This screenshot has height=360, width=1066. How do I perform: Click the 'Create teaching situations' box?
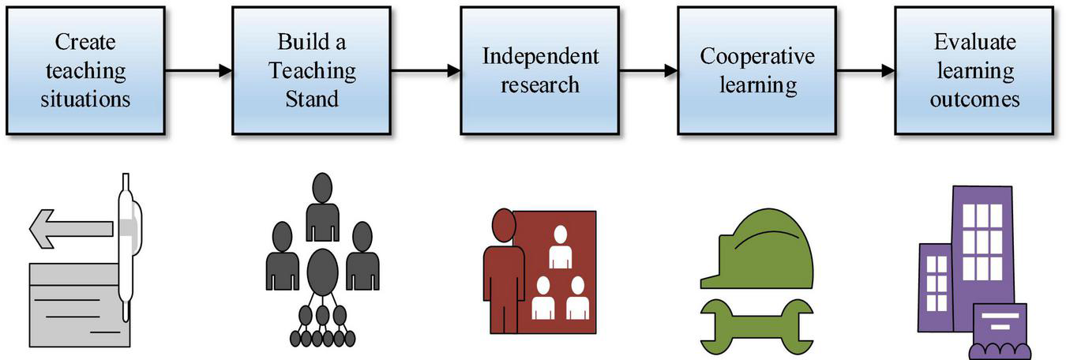(x=85, y=70)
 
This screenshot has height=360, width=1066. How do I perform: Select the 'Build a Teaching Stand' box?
(x=311, y=70)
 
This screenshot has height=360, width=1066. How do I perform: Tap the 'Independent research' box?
(x=540, y=70)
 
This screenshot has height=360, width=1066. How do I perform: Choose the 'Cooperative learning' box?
(x=756, y=70)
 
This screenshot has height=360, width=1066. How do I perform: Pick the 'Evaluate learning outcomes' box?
(x=974, y=70)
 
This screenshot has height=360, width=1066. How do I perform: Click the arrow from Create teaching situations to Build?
(x=198, y=71)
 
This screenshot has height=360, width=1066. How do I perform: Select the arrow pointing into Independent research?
(x=425, y=71)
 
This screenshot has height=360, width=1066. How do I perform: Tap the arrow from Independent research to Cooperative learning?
(x=648, y=71)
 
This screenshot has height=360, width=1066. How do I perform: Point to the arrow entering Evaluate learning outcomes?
(x=865, y=71)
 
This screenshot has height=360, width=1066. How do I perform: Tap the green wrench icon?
(x=756, y=324)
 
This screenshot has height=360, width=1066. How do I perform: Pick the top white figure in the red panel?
(x=560, y=247)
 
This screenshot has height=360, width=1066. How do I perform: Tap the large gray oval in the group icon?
(x=322, y=272)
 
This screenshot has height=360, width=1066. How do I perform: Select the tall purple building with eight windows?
(x=982, y=237)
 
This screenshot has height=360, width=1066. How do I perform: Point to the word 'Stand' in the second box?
(x=311, y=99)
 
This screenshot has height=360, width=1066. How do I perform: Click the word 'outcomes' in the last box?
(x=974, y=99)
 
